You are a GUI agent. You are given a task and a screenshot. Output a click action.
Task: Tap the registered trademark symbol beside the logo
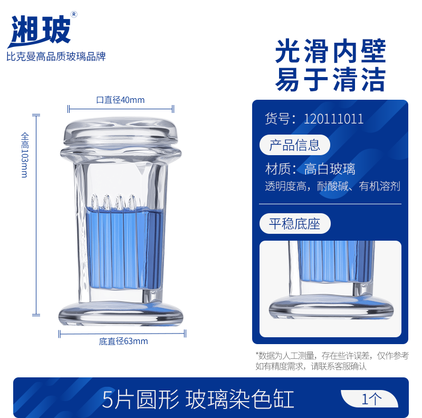(x=74, y=14)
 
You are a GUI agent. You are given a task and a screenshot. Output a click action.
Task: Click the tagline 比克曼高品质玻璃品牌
(x=56, y=56)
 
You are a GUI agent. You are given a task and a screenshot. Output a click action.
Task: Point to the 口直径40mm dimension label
(x=120, y=100)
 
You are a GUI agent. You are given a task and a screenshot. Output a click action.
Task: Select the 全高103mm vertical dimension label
(x=24, y=155)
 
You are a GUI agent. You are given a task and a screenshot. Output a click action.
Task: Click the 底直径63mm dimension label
(x=123, y=341)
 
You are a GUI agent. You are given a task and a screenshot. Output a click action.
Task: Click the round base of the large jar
(x=121, y=314)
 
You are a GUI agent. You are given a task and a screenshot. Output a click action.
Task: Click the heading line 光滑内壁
(x=331, y=51)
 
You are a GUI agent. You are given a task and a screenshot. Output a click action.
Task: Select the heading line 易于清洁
(x=331, y=79)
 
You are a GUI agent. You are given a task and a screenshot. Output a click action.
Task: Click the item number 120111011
(x=334, y=119)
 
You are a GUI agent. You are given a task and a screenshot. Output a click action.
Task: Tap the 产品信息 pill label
(x=295, y=145)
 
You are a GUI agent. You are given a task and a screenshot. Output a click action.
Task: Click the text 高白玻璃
(x=330, y=169)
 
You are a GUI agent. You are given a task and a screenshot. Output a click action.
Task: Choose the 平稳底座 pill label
(x=295, y=224)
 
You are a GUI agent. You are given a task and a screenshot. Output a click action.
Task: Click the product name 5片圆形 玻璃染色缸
(x=198, y=399)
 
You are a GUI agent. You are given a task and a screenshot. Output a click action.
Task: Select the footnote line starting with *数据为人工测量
(x=332, y=356)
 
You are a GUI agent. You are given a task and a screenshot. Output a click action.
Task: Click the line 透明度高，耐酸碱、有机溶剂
(x=333, y=186)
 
